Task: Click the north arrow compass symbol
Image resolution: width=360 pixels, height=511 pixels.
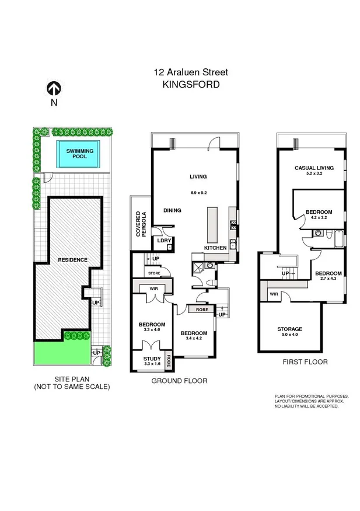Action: click(x=54, y=88)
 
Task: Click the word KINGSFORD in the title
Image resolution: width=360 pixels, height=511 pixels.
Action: click(x=191, y=84)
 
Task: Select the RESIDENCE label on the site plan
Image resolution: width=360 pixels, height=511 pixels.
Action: click(x=72, y=259)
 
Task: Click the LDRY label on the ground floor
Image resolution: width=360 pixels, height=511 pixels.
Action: click(x=160, y=240)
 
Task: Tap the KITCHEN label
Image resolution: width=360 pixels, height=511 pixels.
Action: click(x=215, y=248)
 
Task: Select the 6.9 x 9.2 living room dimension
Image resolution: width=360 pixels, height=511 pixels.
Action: click(x=198, y=192)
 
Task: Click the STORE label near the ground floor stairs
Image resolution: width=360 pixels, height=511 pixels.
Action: click(x=154, y=272)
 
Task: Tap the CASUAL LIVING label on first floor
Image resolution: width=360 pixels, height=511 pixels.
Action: click(x=313, y=168)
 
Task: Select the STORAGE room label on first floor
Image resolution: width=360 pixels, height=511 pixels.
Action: click(x=289, y=329)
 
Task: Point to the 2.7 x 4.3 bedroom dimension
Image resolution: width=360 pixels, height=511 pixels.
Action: click(x=328, y=280)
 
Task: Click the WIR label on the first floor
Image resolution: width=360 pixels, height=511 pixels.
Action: click(x=274, y=294)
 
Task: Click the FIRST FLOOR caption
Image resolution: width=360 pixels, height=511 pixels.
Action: click(x=305, y=362)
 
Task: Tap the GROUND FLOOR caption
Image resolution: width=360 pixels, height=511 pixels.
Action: click(x=179, y=381)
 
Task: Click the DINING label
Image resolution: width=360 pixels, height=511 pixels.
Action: click(x=172, y=211)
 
